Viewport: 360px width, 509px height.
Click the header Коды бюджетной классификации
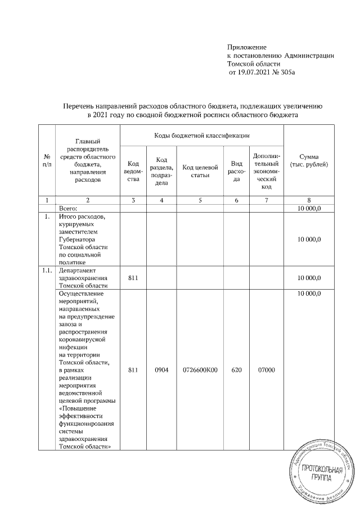(x=201, y=136)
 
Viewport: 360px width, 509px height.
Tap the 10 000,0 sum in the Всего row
(x=309, y=208)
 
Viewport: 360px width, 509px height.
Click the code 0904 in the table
(x=161, y=370)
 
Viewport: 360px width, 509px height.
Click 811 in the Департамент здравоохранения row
(x=133, y=278)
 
